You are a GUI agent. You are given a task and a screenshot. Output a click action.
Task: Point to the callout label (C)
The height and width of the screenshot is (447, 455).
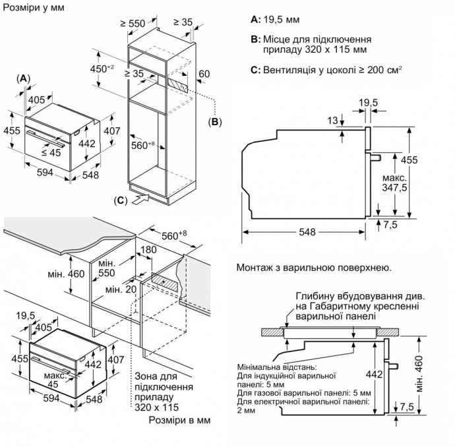[x=120, y=200]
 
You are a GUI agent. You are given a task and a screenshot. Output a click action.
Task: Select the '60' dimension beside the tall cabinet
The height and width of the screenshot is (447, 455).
[x=203, y=74]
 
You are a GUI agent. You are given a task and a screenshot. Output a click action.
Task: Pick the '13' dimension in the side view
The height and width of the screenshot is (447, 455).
[x=332, y=119]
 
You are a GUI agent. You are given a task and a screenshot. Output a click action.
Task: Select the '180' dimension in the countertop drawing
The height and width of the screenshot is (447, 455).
[x=149, y=250]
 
